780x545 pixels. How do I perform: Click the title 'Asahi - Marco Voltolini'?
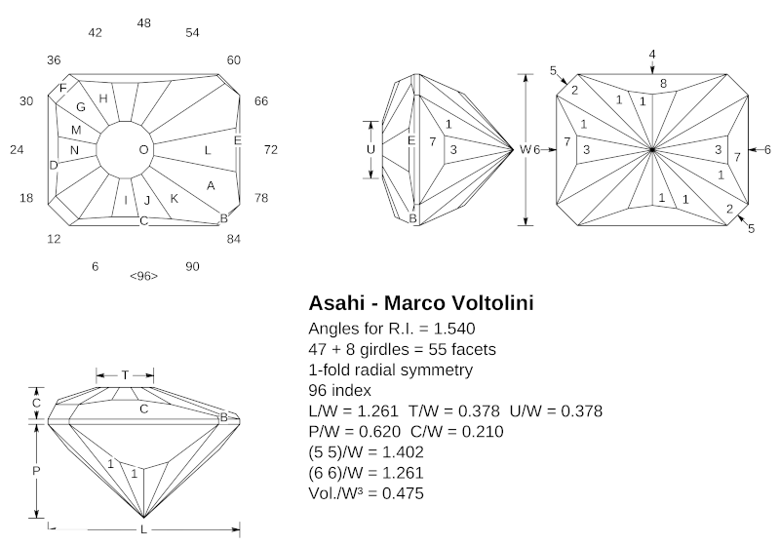pyautogui.click(x=420, y=303)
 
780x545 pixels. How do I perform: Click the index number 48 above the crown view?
pyautogui.click(x=144, y=22)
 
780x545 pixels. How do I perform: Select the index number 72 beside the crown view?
pyautogui.click(x=271, y=149)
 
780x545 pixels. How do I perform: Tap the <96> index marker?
pyautogui.click(x=143, y=276)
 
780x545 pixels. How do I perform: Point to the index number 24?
pyautogui.click(x=17, y=149)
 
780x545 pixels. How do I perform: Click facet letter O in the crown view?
pyautogui.click(x=144, y=149)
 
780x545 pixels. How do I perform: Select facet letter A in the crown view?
pyautogui.click(x=211, y=185)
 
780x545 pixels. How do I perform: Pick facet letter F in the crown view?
pyautogui.click(x=63, y=89)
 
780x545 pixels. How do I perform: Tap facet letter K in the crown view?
pyautogui.click(x=175, y=199)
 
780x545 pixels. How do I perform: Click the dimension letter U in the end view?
pyautogui.click(x=370, y=149)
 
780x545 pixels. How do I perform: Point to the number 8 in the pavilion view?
pyautogui.click(x=663, y=85)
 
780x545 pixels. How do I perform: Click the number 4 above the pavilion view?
pyautogui.click(x=652, y=53)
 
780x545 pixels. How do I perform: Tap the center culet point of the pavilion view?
pyautogui.click(x=652, y=149)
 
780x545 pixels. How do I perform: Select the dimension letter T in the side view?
pyautogui.click(x=125, y=374)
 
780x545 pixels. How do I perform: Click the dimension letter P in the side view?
pyautogui.click(x=37, y=469)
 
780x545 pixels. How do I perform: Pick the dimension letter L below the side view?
pyautogui.click(x=143, y=529)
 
